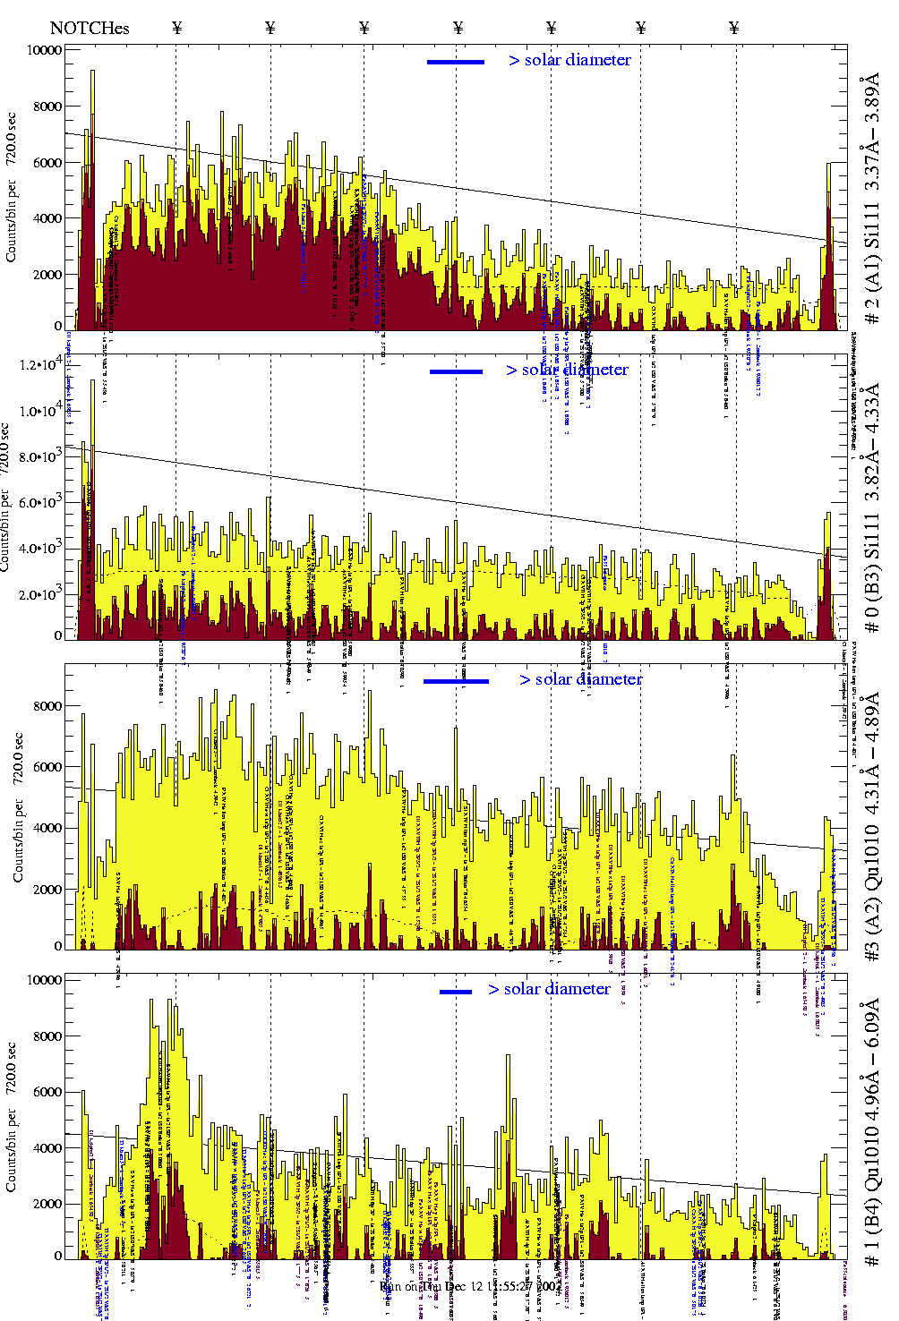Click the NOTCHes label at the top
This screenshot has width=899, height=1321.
pyautogui.click(x=90, y=28)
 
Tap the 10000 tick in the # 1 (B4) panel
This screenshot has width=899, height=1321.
pyautogui.click(x=44, y=980)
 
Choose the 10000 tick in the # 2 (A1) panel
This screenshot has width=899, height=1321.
pyautogui.click(x=44, y=50)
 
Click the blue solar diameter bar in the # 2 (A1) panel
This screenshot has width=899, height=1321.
pyautogui.click(x=456, y=62)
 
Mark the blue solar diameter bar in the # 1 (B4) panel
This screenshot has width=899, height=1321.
pyautogui.click(x=456, y=992)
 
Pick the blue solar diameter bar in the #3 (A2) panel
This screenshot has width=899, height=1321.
pyautogui.click(x=456, y=681)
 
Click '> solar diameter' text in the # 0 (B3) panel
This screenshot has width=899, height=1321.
pyautogui.click(x=567, y=370)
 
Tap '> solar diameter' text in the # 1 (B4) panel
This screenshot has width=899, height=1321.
pyautogui.click(x=549, y=989)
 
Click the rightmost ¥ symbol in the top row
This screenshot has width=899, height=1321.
pyautogui.click(x=734, y=28)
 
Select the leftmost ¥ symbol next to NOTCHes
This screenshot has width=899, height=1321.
pyautogui.click(x=177, y=28)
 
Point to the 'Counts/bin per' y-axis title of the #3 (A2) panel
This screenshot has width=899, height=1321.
pyautogui.click(x=19, y=828)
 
